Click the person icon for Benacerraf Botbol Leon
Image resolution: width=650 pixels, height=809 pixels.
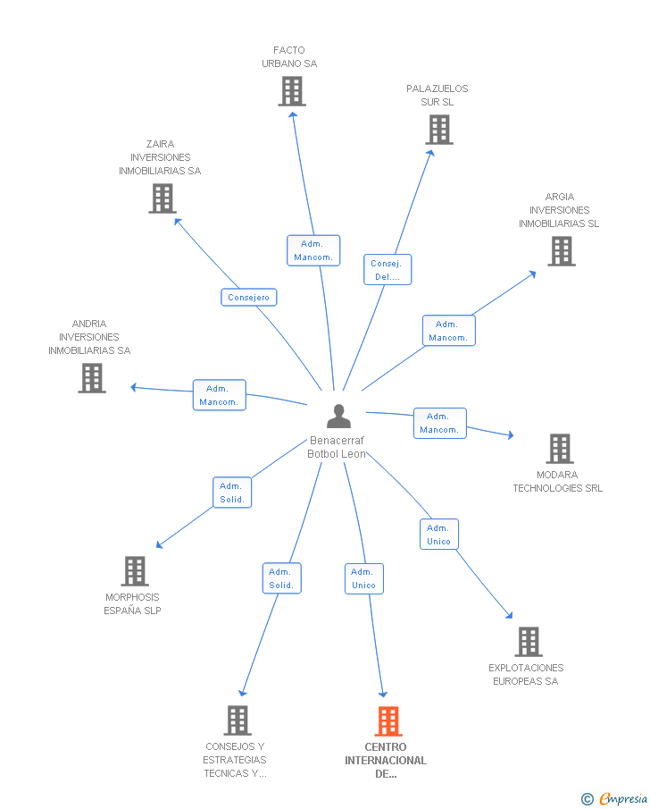[x=338, y=416]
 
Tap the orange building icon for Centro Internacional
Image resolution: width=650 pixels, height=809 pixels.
[x=388, y=721]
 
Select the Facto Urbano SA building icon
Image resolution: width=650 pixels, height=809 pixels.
[x=292, y=91]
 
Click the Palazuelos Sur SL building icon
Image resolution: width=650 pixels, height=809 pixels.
[x=439, y=130]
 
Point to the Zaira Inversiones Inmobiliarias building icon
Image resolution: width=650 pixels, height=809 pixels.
[x=162, y=198]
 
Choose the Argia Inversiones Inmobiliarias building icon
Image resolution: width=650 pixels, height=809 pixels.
[x=562, y=251]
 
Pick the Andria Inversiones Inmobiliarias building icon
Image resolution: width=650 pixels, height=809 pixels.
[x=92, y=378]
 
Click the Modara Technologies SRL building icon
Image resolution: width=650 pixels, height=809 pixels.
[x=560, y=449]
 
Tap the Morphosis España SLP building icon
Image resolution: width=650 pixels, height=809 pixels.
[x=135, y=571]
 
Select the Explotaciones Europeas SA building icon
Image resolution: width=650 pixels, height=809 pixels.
[x=529, y=642]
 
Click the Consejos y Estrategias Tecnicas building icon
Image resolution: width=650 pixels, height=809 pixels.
[x=237, y=721]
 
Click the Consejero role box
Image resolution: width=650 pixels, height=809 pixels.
[x=249, y=297]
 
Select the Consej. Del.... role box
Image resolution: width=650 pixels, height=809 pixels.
[x=387, y=269]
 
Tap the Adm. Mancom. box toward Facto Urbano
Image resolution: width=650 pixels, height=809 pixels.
[x=313, y=251]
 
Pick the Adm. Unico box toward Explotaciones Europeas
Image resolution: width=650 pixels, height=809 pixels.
[x=439, y=535]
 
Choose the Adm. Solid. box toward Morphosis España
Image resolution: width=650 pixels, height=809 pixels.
[x=232, y=493]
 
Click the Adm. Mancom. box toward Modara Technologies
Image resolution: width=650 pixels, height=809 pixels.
[x=440, y=424]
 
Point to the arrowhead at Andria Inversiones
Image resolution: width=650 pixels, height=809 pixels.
[x=134, y=387]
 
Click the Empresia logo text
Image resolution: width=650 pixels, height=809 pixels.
[x=623, y=798]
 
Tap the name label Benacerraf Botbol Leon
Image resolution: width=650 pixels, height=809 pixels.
[x=337, y=447]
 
